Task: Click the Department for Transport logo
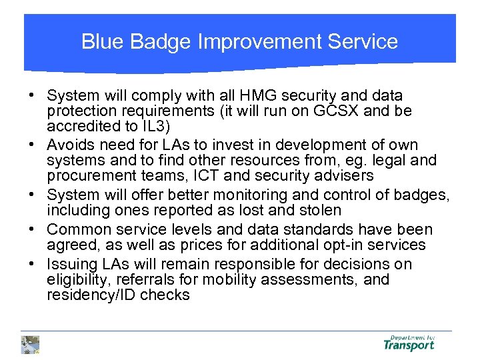pos(409,343)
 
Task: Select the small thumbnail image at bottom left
pos(31,344)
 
